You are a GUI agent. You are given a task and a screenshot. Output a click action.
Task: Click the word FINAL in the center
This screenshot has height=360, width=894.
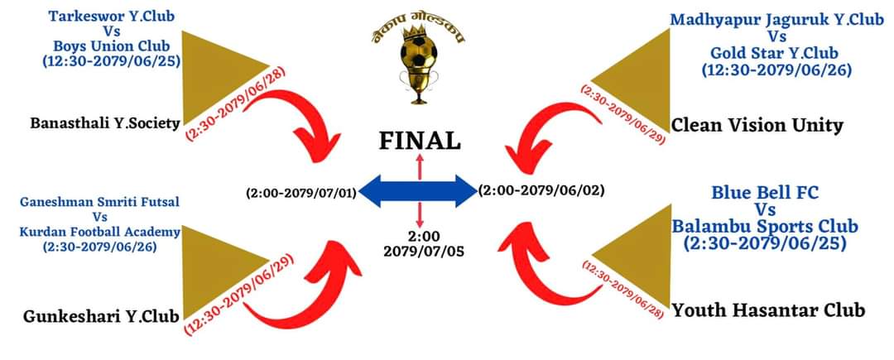[x=420, y=141]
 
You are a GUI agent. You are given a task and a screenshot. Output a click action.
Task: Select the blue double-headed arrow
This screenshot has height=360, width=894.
[x=420, y=191]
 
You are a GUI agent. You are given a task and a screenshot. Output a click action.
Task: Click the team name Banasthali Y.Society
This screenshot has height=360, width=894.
[x=105, y=124]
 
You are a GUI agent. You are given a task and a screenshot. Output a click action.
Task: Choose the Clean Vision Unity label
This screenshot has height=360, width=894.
[x=757, y=126]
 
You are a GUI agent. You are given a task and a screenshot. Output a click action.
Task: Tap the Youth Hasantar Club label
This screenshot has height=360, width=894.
[x=768, y=310]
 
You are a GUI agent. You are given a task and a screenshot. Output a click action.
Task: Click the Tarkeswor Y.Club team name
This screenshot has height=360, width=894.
[x=112, y=17]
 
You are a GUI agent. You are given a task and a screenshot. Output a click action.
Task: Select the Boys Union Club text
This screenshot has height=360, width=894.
[x=112, y=46]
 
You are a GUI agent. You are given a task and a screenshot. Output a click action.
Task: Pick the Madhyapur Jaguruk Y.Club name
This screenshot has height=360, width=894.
[x=776, y=20]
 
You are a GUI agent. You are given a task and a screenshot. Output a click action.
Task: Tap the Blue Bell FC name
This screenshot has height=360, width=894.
[x=765, y=193]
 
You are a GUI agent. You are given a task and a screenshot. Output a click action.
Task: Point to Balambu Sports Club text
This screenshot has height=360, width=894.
[x=764, y=226]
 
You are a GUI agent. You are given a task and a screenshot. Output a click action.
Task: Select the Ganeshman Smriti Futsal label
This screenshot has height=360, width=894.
[x=99, y=201]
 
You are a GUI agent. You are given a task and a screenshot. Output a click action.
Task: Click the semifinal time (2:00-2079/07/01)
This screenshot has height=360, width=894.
[x=300, y=194]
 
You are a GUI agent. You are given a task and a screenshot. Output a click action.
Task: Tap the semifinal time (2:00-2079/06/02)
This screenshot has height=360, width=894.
[x=541, y=190]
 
